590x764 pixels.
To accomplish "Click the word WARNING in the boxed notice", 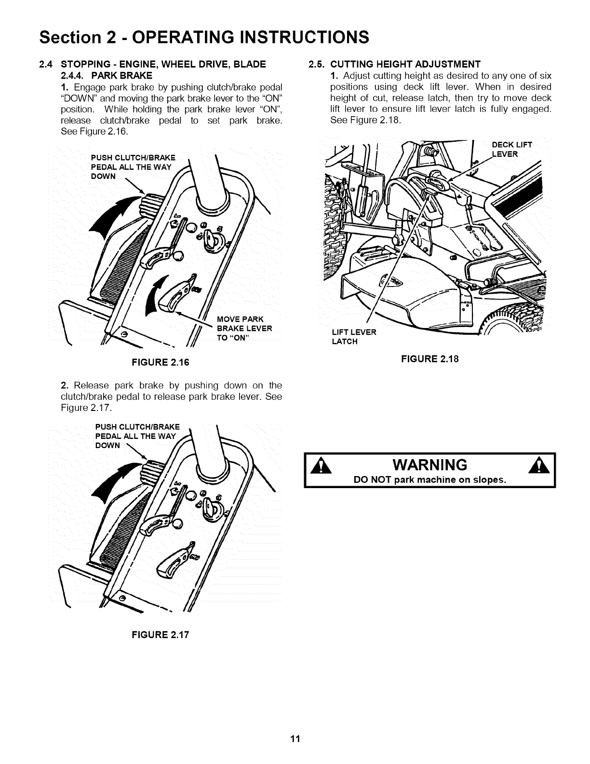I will pos(429,465).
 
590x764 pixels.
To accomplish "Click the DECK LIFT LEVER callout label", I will pos(510,150).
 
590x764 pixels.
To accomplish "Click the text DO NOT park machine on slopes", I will pos(429,480).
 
